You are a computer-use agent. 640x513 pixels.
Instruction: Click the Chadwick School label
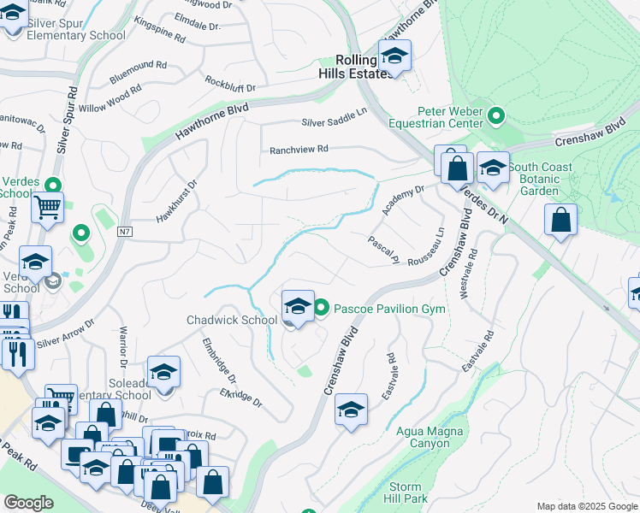tap(232, 321)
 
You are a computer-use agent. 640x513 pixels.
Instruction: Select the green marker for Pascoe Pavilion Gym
tap(322, 308)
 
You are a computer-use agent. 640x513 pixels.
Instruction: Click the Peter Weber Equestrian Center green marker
tap(495, 115)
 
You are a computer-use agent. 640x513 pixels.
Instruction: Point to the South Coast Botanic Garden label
tap(545, 178)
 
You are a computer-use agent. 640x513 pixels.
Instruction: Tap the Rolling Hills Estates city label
tap(355, 67)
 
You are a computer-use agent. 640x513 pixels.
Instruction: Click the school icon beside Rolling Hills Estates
tap(394, 57)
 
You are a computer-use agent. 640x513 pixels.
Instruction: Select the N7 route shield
tap(125, 231)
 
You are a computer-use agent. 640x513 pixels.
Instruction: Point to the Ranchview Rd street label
tap(299, 149)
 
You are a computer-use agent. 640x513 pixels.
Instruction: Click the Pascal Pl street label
tap(384, 249)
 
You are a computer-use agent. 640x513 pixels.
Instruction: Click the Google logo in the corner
tap(28, 503)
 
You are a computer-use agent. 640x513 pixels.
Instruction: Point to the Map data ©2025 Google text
tap(586, 506)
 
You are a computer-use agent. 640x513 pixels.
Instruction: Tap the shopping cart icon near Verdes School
tap(48, 207)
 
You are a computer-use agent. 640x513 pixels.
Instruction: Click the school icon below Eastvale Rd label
tap(351, 411)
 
